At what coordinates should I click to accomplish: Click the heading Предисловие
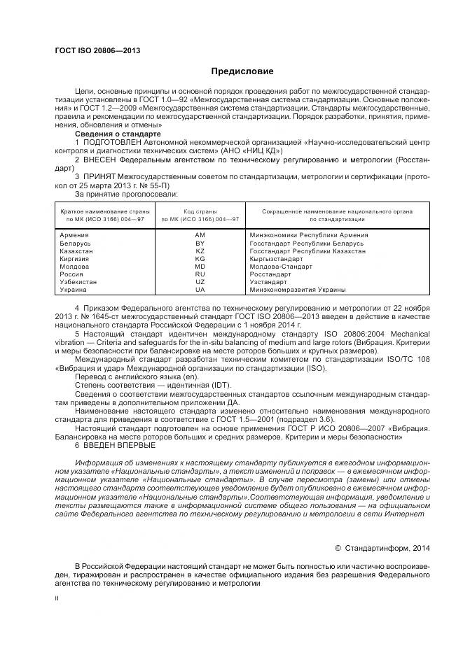click(242, 71)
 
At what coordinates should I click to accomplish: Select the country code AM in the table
click(200, 235)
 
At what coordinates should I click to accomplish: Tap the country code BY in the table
click(200, 243)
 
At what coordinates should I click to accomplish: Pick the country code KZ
click(200, 251)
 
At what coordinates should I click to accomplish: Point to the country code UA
click(200, 289)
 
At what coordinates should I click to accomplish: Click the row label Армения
click(74, 235)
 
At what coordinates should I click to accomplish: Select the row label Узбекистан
click(78, 281)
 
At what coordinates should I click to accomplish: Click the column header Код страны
click(200, 211)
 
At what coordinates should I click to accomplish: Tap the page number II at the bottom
click(57, 598)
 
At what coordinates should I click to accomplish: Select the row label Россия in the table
click(72, 274)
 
